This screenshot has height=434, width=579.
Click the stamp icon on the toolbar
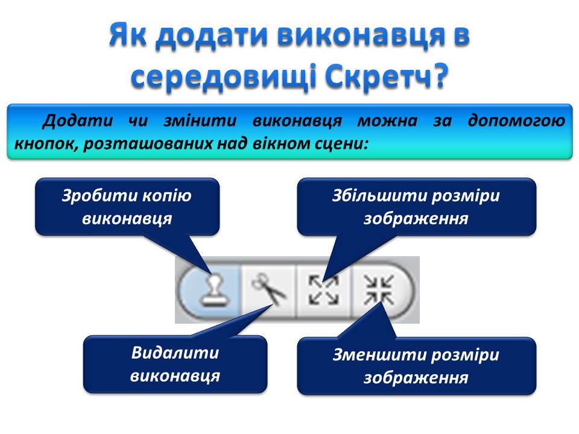[x=214, y=290]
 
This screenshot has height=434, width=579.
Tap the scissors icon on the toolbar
[x=269, y=288]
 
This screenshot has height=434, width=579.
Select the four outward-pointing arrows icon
[x=324, y=291]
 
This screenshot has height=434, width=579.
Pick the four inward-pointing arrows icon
[x=379, y=291]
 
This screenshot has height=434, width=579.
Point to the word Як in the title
[x=128, y=35]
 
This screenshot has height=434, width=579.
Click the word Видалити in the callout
[x=175, y=353]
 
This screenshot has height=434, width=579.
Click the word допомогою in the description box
[x=516, y=121]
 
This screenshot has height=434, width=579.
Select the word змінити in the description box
[x=200, y=121]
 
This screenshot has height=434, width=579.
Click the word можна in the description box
[x=387, y=121]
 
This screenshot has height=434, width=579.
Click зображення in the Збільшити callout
[x=416, y=219]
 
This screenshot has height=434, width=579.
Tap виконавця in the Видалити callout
[x=175, y=376]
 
